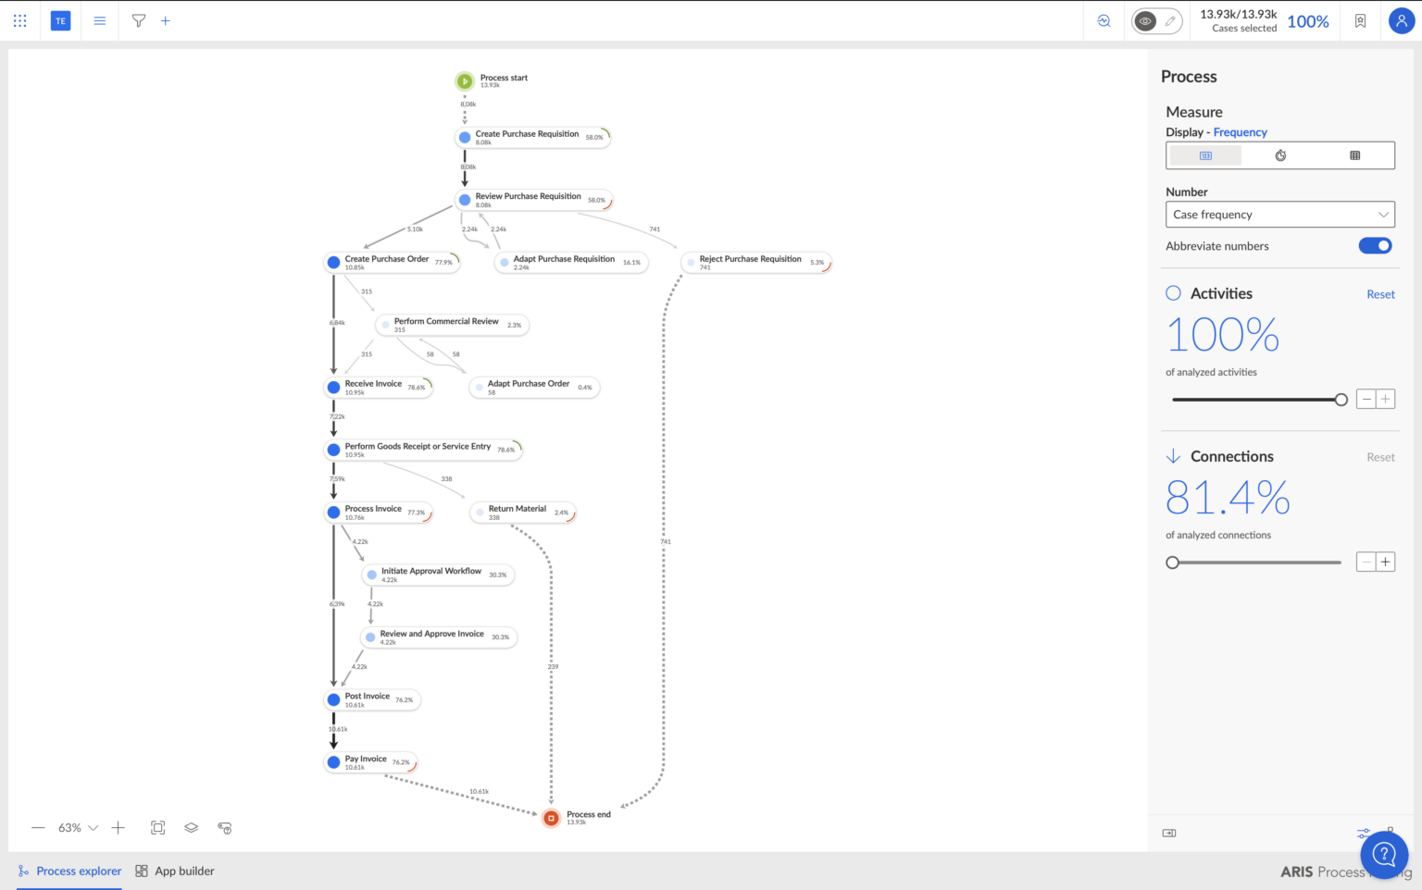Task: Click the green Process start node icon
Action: (465, 81)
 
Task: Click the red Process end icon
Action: (551, 818)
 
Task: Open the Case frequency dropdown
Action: (1279, 215)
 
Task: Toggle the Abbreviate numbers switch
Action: (1375, 246)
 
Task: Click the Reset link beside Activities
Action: (1379, 294)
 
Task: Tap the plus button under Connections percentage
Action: (1385, 562)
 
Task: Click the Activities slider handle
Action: (1341, 400)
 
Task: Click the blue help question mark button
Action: (1383, 853)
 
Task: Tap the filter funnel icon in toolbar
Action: (139, 20)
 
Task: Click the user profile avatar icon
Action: (1401, 20)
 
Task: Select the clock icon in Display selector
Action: (1280, 155)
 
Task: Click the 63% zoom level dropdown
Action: (78, 828)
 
